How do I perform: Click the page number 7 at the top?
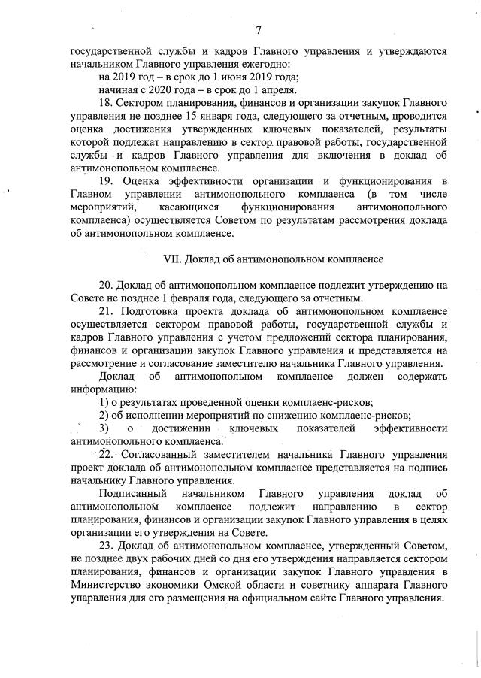tap(258, 30)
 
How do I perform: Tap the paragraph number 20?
tap(105, 286)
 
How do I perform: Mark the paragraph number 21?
tap(105, 311)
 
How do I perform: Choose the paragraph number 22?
tap(105, 455)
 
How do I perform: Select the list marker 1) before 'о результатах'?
tap(104, 403)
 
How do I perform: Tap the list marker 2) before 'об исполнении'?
tap(104, 416)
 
